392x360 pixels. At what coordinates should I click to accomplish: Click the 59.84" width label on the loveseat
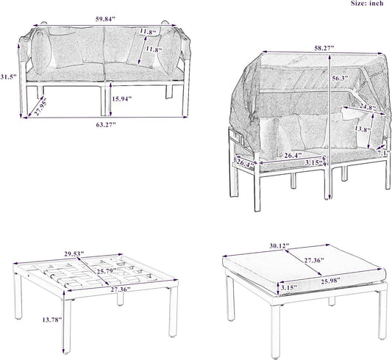tap(105, 19)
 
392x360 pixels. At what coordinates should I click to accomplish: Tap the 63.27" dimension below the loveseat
tap(106, 124)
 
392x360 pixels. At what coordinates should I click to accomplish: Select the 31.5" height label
tap(8, 76)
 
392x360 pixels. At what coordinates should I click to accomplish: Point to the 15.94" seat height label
tap(122, 99)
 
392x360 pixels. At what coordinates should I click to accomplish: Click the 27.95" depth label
tap(40, 107)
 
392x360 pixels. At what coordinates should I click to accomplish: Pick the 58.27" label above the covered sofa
tap(324, 48)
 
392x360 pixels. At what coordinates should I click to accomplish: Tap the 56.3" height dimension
tap(341, 78)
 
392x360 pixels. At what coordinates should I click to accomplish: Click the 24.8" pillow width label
tap(368, 107)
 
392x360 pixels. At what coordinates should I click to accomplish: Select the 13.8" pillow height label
tap(363, 130)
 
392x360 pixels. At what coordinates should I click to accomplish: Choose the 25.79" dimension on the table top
tap(107, 270)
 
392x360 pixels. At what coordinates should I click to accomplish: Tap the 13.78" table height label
tap(52, 320)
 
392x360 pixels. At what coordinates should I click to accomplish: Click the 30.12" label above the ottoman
tap(279, 245)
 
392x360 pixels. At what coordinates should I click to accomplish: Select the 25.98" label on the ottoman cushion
tap(331, 281)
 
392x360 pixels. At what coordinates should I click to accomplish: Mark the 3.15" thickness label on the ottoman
tap(289, 287)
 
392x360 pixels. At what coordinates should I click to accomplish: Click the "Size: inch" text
tap(367, 3)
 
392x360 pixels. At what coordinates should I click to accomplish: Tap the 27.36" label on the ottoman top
tap(314, 260)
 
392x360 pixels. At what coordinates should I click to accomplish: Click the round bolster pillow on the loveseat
tap(41, 53)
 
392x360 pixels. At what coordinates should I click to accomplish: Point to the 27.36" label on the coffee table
tap(121, 289)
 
